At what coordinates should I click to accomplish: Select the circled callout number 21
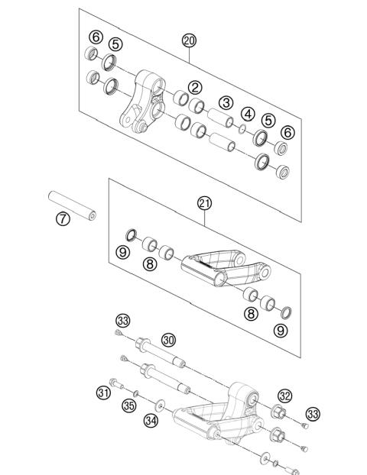pyautogui.click(x=204, y=202)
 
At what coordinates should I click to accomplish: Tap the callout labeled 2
pyautogui.click(x=196, y=88)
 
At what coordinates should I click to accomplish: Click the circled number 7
pyautogui.click(x=63, y=219)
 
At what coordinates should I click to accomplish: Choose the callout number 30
pyautogui.click(x=168, y=339)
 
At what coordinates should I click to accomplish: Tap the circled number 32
pyautogui.click(x=284, y=395)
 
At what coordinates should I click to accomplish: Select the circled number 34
pyautogui.click(x=151, y=420)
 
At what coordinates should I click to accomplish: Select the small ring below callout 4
pyautogui.click(x=241, y=128)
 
